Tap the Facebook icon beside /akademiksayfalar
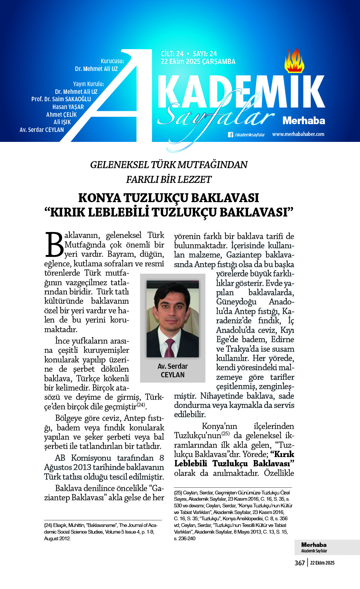click(x=231, y=135)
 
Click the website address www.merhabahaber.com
click(x=298, y=134)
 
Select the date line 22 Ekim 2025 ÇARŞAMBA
click(x=198, y=62)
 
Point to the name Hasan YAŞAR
click(x=68, y=107)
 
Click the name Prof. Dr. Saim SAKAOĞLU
click(x=61, y=99)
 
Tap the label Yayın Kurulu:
click(x=88, y=84)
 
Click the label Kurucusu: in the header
click(x=112, y=61)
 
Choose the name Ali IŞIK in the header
click(x=62, y=122)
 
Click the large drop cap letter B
click(x=54, y=245)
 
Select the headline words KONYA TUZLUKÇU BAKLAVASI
click(x=169, y=198)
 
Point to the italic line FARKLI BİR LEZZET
click(x=169, y=180)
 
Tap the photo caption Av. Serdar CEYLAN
click(x=173, y=370)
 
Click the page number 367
click(x=299, y=563)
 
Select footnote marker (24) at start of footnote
click(x=48, y=525)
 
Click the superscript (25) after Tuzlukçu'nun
click(x=225, y=433)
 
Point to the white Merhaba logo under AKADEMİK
click(x=303, y=120)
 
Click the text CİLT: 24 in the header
click(x=172, y=54)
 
